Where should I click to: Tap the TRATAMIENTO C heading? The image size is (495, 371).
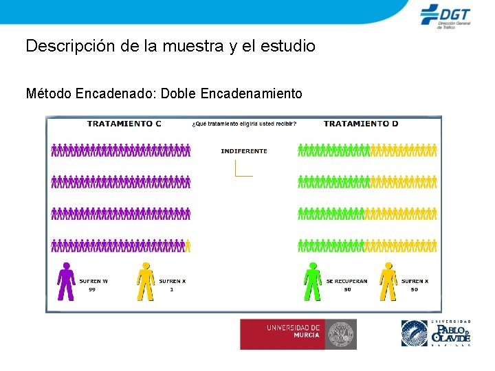(x=124, y=124)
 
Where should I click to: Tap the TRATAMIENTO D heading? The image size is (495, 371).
(x=360, y=124)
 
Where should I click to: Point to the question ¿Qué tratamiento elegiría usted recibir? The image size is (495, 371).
(x=244, y=124)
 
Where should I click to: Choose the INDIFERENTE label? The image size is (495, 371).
(x=244, y=151)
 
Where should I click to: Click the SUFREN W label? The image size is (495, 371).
(x=93, y=281)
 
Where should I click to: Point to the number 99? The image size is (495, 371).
(x=92, y=289)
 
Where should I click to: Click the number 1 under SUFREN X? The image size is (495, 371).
(x=171, y=289)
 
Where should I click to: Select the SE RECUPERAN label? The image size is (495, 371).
(x=346, y=281)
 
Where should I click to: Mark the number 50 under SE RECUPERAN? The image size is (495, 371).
(x=346, y=289)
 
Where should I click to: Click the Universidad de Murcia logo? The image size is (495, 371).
(x=298, y=334)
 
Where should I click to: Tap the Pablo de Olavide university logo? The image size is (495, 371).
(x=436, y=333)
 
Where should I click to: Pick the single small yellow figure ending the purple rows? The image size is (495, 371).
(x=188, y=245)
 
